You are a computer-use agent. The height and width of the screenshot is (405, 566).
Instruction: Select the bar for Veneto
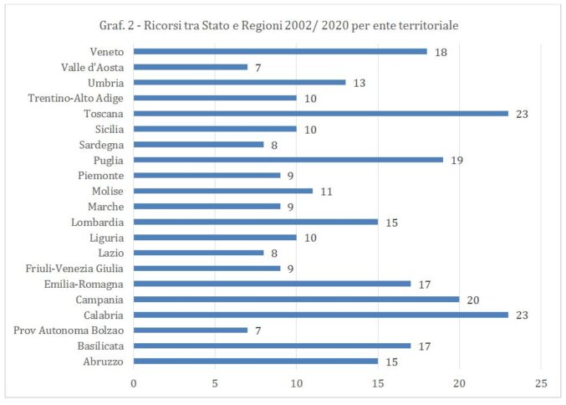point(279,51)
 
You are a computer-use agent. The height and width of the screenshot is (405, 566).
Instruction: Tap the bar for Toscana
point(320,113)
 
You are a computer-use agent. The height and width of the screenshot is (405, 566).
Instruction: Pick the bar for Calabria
point(320,315)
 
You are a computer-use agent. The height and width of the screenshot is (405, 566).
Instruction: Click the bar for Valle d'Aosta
point(190,67)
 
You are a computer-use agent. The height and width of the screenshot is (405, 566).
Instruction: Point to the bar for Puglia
point(288,160)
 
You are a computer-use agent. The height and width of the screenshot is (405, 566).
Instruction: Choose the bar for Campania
point(296,300)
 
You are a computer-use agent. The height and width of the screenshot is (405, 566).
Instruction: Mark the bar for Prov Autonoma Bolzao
point(190,331)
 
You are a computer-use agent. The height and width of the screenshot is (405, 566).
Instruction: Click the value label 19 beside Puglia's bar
point(456,160)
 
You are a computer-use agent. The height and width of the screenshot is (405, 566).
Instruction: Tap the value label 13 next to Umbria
point(359,82)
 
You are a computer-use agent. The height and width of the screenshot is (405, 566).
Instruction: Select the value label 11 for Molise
point(326,191)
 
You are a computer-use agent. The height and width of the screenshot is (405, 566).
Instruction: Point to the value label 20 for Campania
point(473,300)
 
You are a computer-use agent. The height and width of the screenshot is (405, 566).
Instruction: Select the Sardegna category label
point(101,144)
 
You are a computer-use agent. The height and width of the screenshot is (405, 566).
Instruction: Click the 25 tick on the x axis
point(541,382)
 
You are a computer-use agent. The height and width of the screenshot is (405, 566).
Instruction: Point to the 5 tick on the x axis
point(215,382)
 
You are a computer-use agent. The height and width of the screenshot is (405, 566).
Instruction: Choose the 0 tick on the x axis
point(134,382)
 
